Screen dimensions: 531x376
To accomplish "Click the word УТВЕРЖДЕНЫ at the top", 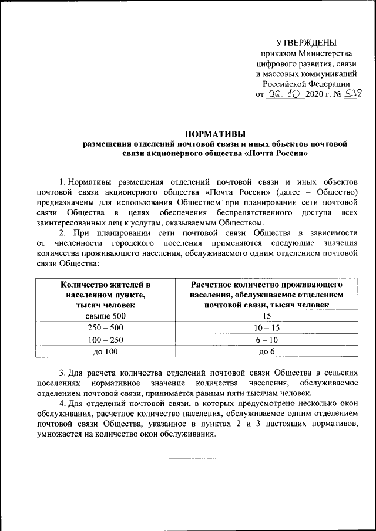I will pyautogui.click(x=307, y=42).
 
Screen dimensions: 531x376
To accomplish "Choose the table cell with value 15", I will pyautogui.click(x=266, y=316).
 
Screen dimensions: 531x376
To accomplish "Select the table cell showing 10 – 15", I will pyautogui.click(x=266, y=327).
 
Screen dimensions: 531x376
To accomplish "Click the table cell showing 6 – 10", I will pyautogui.click(x=266, y=339).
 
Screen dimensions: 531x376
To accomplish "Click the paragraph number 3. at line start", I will pyautogui.click(x=63, y=373).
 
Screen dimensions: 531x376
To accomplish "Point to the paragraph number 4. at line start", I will pyautogui.click(x=63, y=404).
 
